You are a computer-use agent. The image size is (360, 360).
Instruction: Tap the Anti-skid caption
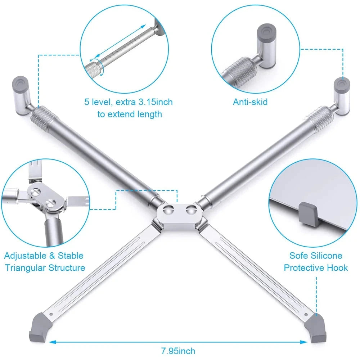coord(250,102)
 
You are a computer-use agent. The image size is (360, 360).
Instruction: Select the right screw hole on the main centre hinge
coord(190,210)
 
